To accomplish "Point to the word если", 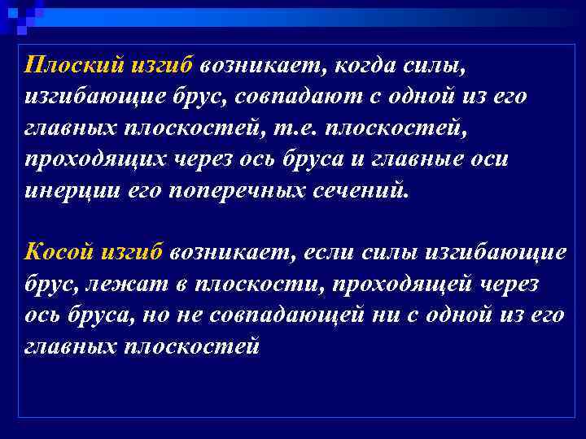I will point(333,251).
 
